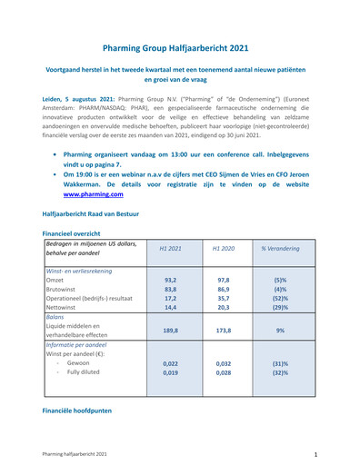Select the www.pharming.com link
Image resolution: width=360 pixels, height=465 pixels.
pos(93,193)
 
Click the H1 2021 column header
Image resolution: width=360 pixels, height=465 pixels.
pos(170,247)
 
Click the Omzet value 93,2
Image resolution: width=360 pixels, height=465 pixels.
pos(170,281)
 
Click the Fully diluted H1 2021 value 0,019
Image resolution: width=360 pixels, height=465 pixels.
pos(170,372)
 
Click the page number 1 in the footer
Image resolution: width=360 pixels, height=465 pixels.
pos(315,452)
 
